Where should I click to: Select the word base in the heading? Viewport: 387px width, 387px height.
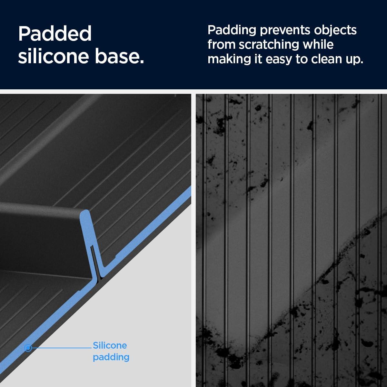coord(119,56)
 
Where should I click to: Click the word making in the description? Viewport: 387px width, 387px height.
coord(229,59)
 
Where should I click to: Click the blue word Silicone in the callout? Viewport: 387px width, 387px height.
coord(110,345)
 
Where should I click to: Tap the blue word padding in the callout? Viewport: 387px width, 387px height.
coord(111,357)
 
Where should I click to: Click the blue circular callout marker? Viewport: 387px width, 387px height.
coord(28,348)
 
